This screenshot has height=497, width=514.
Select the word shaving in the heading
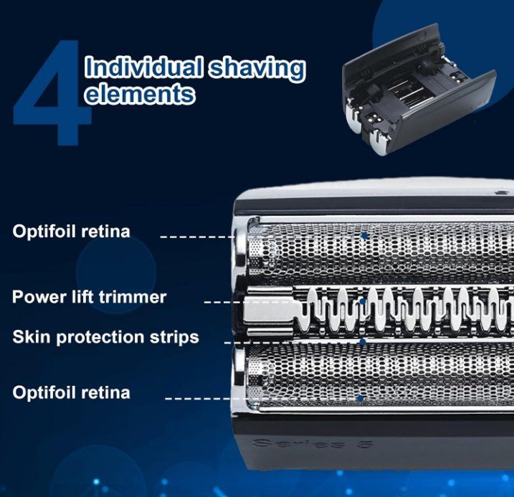[257, 69]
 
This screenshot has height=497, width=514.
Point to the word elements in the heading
[140, 93]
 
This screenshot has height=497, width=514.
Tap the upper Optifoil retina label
[71, 231]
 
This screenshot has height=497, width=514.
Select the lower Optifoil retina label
[71, 392]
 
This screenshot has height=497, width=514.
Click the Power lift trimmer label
[89, 297]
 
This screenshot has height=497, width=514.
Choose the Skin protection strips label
[105, 337]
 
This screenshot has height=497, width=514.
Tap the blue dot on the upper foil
[364, 235]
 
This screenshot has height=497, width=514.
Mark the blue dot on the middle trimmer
[363, 301]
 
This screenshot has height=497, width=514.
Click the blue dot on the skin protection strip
[363, 341]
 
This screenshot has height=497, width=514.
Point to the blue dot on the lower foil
[361, 398]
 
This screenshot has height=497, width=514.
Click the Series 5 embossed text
[313, 444]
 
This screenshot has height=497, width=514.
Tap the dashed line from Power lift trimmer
[282, 302]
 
